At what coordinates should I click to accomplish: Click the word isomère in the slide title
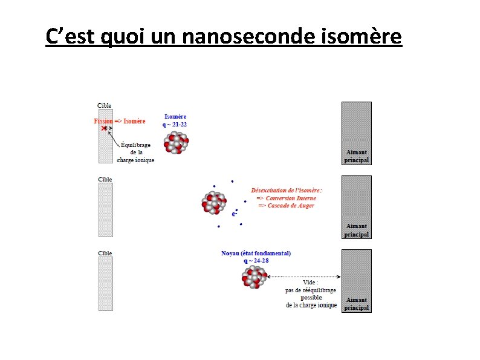click(363, 37)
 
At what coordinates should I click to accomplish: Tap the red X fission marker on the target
click(105, 128)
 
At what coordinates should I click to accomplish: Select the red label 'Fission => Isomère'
click(120, 121)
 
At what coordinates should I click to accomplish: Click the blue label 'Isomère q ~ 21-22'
click(175, 120)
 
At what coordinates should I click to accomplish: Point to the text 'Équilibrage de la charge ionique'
click(136, 152)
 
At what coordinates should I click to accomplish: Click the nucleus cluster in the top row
click(176, 143)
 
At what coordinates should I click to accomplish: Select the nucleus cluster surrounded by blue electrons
click(214, 203)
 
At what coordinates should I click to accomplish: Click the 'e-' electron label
click(235, 214)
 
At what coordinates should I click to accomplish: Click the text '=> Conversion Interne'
click(286, 198)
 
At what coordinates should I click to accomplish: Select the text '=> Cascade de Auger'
click(286, 206)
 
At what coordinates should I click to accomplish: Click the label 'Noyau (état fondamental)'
click(256, 253)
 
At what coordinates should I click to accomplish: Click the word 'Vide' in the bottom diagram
click(310, 282)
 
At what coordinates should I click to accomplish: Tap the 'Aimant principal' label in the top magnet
click(356, 156)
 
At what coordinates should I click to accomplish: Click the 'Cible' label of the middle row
click(105, 179)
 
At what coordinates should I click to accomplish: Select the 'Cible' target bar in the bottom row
click(106, 284)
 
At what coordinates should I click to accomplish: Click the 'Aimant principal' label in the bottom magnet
click(356, 304)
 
